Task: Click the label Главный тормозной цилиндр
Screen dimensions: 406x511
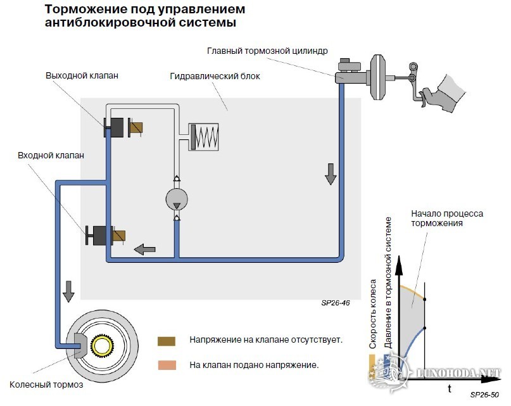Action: [x=266, y=50]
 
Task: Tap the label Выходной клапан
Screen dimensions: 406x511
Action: [x=82, y=75]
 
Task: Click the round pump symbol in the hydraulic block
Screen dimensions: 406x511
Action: [x=176, y=199]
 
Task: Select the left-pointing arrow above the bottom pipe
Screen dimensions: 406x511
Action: [x=147, y=248]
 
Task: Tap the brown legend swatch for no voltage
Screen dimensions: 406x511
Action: [x=166, y=340]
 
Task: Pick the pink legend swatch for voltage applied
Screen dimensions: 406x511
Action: [x=166, y=365]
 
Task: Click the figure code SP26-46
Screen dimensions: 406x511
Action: [x=336, y=303]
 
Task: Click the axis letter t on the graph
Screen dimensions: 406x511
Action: [x=450, y=388]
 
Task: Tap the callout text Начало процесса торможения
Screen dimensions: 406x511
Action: [x=446, y=219]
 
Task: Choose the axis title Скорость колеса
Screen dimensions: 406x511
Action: [x=374, y=314]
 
